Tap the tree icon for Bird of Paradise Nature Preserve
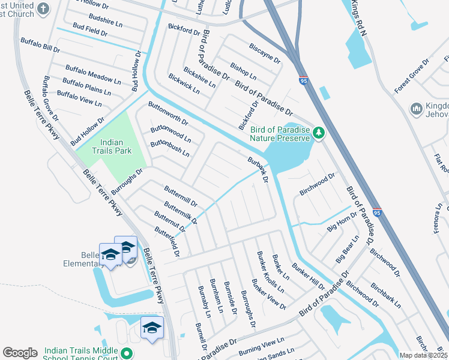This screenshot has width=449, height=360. coord(319,133)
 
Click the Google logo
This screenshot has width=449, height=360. coord(20,353)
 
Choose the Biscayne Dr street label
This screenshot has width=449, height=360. coord(265,52)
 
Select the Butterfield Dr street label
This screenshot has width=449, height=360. coord(167,241)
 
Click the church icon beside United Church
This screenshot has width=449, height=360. coord(42,8)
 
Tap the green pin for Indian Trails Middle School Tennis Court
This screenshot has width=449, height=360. coord(125,353)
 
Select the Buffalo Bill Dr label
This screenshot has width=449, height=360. coord(40,46)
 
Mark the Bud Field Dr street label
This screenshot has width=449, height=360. coord(89,31)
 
